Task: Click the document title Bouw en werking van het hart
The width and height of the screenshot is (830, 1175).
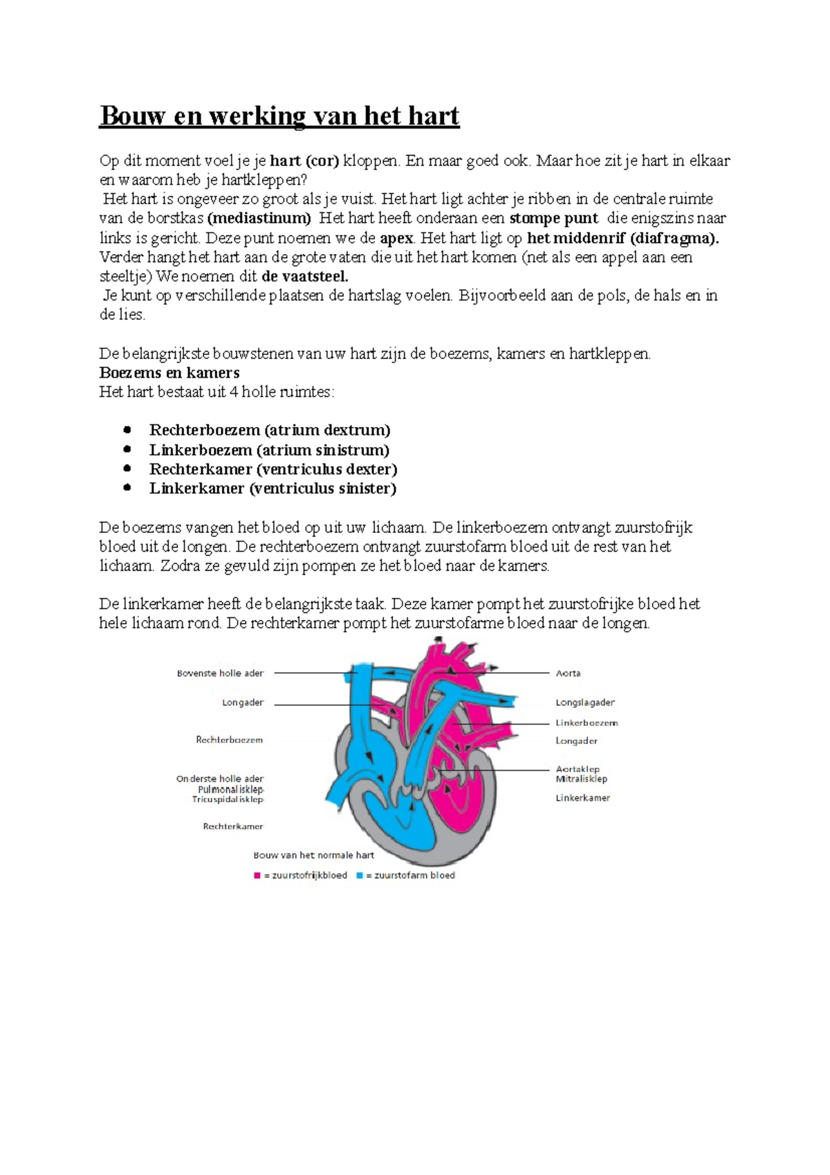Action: click(279, 116)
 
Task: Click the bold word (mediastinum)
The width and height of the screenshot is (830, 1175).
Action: click(259, 219)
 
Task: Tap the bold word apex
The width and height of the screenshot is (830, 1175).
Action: click(396, 238)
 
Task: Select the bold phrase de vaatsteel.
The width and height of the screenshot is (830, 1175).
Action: click(304, 277)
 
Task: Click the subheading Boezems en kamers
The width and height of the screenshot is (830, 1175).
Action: click(169, 372)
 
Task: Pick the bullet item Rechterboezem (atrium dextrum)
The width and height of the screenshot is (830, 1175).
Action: click(270, 430)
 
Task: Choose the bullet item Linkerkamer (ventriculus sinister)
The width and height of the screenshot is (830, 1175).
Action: click(273, 489)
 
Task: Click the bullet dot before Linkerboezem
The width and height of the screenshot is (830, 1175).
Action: click(127, 449)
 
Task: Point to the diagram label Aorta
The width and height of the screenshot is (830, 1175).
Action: click(568, 673)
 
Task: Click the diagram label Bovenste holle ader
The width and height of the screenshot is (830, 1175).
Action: click(220, 673)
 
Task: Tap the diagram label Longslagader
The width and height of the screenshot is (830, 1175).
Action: click(584, 702)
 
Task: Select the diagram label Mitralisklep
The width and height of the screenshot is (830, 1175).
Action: click(581, 779)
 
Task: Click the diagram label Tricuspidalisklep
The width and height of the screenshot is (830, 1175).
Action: click(228, 799)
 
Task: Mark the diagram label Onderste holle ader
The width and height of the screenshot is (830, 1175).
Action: click(219, 778)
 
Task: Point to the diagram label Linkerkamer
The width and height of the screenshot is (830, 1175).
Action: click(582, 798)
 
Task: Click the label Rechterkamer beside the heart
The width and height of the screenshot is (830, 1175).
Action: click(232, 826)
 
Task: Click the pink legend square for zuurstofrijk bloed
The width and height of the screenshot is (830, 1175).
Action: click(257, 875)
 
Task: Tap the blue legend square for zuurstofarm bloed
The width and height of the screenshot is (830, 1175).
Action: click(360, 875)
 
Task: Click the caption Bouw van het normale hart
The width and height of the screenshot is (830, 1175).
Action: click(313, 855)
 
